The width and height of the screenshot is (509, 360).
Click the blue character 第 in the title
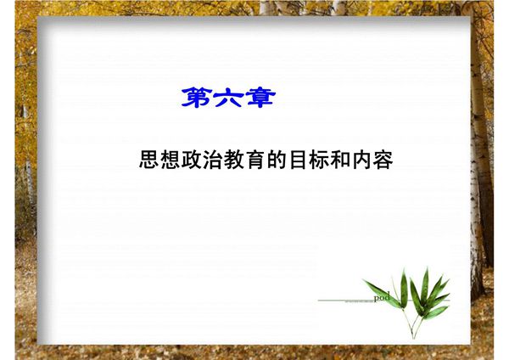coord(197,98)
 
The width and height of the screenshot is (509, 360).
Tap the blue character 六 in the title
coord(228,98)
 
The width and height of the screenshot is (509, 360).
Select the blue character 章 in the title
coord(259,98)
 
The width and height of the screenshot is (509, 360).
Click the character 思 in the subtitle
coord(149,160)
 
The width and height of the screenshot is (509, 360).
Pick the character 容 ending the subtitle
coord(383,160)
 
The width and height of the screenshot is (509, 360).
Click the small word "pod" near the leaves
coord(382,295)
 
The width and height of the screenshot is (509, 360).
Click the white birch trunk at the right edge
coord(481,170)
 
